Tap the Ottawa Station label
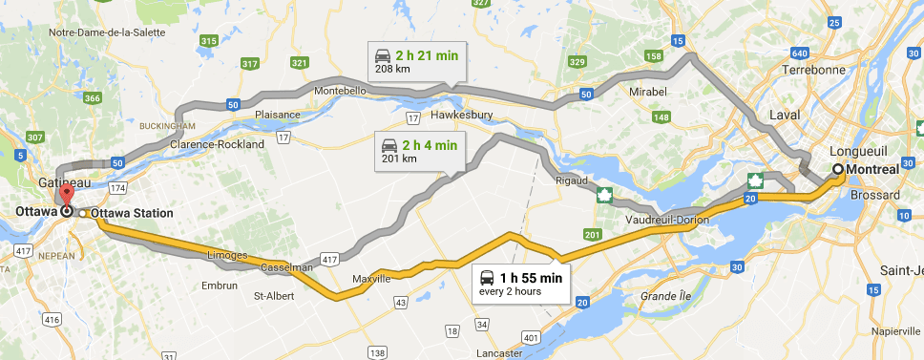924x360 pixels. [x=133, y=213]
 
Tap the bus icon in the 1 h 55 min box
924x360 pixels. [x=487, y=278]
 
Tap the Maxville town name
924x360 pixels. [x=371, y=280]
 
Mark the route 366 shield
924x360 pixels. [x=93, y=97]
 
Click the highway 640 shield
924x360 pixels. [x=799, y=52]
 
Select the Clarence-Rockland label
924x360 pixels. [x=217, y=144]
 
